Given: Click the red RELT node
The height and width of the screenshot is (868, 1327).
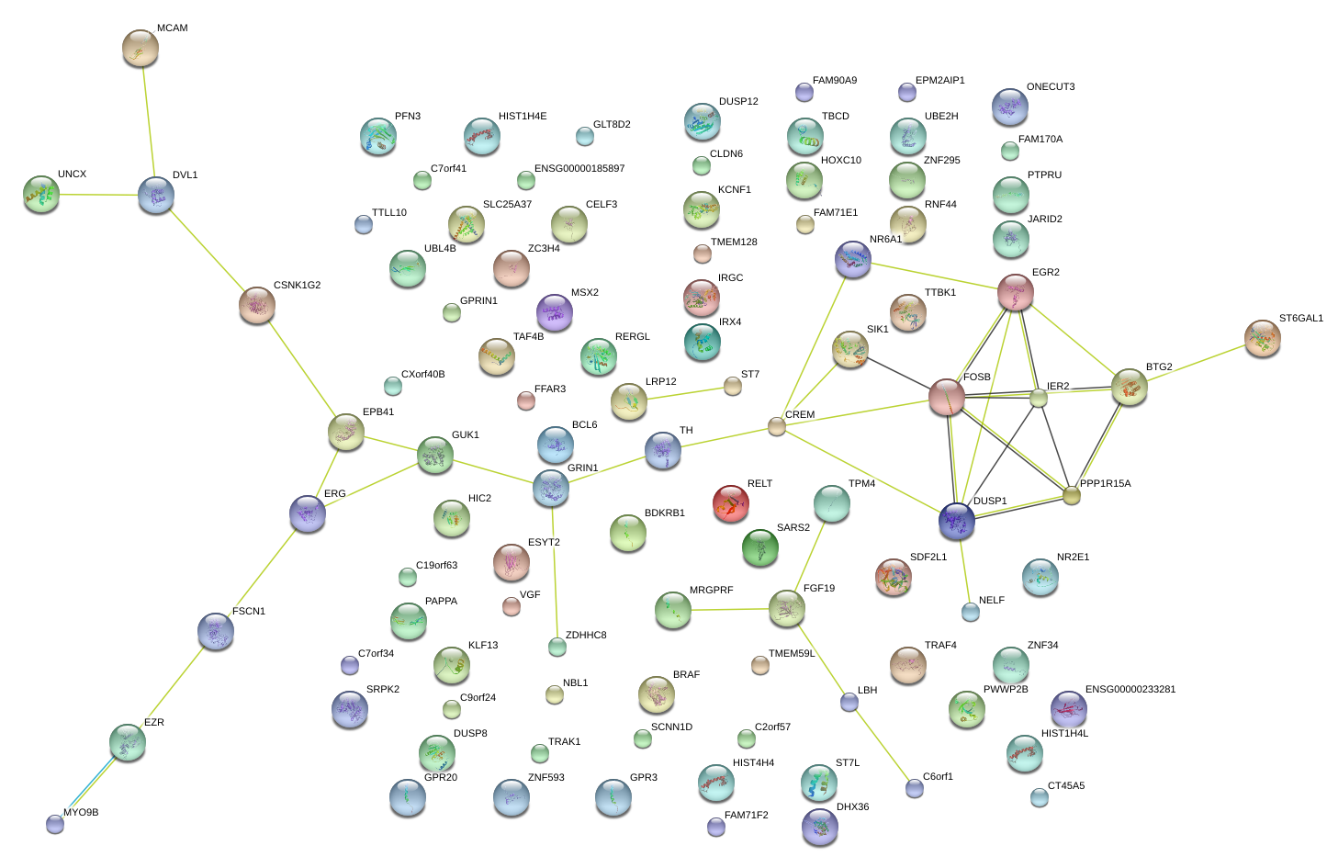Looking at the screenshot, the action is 731,503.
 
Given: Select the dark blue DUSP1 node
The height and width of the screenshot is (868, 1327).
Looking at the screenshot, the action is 957,522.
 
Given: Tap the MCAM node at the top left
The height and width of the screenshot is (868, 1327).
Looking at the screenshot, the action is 141,48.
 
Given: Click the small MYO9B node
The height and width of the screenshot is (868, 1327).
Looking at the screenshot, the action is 55,824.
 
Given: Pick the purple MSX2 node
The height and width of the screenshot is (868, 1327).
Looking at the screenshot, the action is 555,313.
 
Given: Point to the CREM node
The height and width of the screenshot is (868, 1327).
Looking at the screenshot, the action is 777,426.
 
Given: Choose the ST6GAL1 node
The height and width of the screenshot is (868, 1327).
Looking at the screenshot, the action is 1263,339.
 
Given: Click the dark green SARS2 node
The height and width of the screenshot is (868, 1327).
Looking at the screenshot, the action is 760,548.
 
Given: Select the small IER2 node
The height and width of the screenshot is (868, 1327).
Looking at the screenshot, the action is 1039,398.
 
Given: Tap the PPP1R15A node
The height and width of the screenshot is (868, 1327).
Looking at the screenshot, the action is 1071,495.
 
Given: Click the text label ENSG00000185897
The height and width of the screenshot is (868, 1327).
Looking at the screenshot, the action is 579,168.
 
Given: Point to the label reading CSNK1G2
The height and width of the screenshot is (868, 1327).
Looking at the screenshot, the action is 297,285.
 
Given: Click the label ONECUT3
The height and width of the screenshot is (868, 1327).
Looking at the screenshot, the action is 1051,86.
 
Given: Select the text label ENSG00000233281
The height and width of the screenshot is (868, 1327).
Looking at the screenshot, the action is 1130,689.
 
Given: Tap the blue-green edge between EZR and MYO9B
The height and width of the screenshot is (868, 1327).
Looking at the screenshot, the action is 91,783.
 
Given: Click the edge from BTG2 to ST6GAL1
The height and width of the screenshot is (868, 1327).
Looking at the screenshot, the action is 1196,363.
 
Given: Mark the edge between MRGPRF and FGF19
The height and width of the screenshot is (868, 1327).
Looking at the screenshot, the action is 730,609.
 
